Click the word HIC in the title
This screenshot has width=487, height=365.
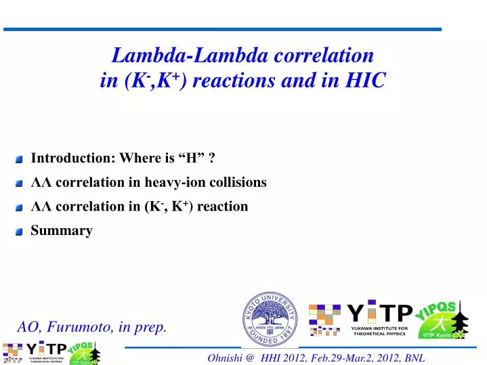tap(366, 81)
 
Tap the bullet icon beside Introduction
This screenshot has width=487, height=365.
tap(19, 160)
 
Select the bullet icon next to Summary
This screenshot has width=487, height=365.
tap(19, 232)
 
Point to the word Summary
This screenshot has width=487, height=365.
tap(62, 230)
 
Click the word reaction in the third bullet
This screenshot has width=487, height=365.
tap(224, 206)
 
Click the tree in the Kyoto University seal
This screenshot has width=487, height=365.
tap(270, 312)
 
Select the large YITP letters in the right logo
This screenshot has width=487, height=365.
tap(379, 313)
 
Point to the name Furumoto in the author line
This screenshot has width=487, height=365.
tap(81, 327)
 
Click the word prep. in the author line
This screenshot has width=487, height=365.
tap(151, 328)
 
